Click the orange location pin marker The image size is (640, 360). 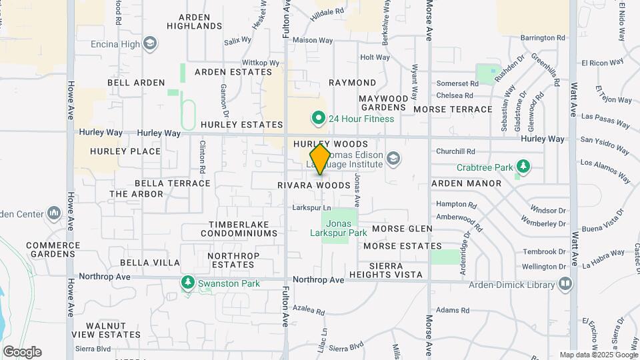[321, 159]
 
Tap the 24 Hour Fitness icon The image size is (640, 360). [319, 119]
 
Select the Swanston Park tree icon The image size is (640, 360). [188, 283]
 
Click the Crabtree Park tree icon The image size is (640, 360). [525, 166]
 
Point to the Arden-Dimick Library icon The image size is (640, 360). [565, 285]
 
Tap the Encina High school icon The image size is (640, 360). [151, 45]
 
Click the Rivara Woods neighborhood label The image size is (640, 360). [314, 185]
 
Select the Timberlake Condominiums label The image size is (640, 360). [243, 229]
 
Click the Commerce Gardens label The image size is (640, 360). [53, 249]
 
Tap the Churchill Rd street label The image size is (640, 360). [455, 151]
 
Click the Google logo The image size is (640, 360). [22, 351]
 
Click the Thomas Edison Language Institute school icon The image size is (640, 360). [394, 158]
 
